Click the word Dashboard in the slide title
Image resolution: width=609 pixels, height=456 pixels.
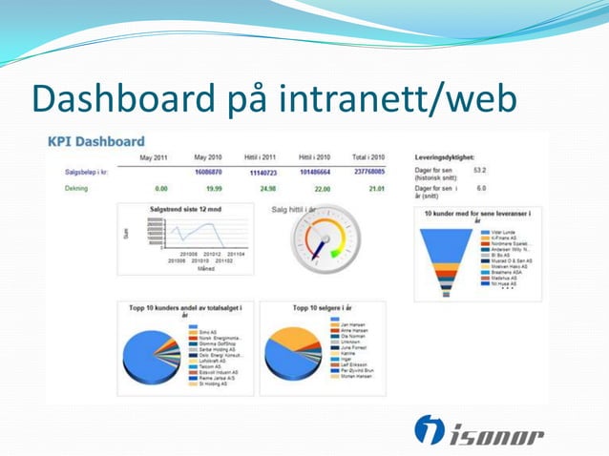(x=124, y=99)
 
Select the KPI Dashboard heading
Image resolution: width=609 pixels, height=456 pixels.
(x=96, y=141)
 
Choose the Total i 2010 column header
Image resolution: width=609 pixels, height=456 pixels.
(x=367, y=157)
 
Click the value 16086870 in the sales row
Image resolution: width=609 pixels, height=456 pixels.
(x=208, y=173)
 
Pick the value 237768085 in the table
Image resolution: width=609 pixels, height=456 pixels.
(x=367, y=173)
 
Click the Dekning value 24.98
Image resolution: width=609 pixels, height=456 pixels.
(x=267, y=189)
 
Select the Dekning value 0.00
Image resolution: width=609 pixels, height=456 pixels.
(x=160, y=189)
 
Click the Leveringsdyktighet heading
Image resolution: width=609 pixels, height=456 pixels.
(x=445, y=156)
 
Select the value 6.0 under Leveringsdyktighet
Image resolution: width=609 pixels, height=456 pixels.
(x=481, y=189)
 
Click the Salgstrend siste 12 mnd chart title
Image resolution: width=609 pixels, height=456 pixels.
(x=184, y=209)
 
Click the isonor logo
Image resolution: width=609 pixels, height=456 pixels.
(x=478, y=431)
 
